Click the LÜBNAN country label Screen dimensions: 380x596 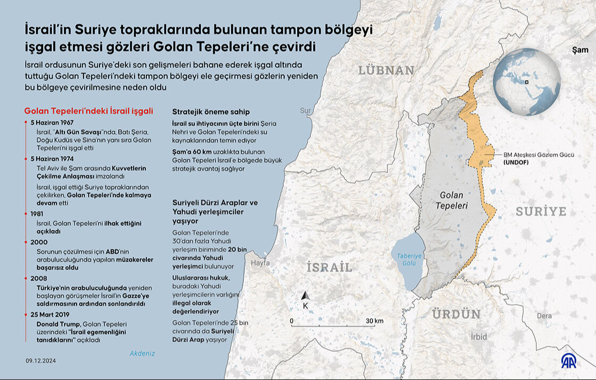(x=386, y=70)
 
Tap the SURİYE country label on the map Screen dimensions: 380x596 (x=541, y=212)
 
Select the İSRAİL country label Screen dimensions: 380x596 (x=329, y=268)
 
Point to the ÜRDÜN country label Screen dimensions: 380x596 (x=456, y=314)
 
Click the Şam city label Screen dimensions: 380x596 (x=580, y=50)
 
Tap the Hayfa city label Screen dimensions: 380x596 (x=260, y=263)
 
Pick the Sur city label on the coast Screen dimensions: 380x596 (x=305, y=111)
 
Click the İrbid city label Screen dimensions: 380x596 (x=478, y=336)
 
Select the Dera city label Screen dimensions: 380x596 (x=544, y=316)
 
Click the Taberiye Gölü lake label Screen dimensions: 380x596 (x=409, y=260)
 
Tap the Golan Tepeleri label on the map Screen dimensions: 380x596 (x=451, y=200)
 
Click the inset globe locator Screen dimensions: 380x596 (x=526, y=82)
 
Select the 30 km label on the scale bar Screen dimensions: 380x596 (x=375, y=321)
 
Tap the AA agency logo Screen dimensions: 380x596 (x=572, y=361)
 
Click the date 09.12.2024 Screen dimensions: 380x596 (x=40, y=361)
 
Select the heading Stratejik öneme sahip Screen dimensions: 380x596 (x=211, y=112)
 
